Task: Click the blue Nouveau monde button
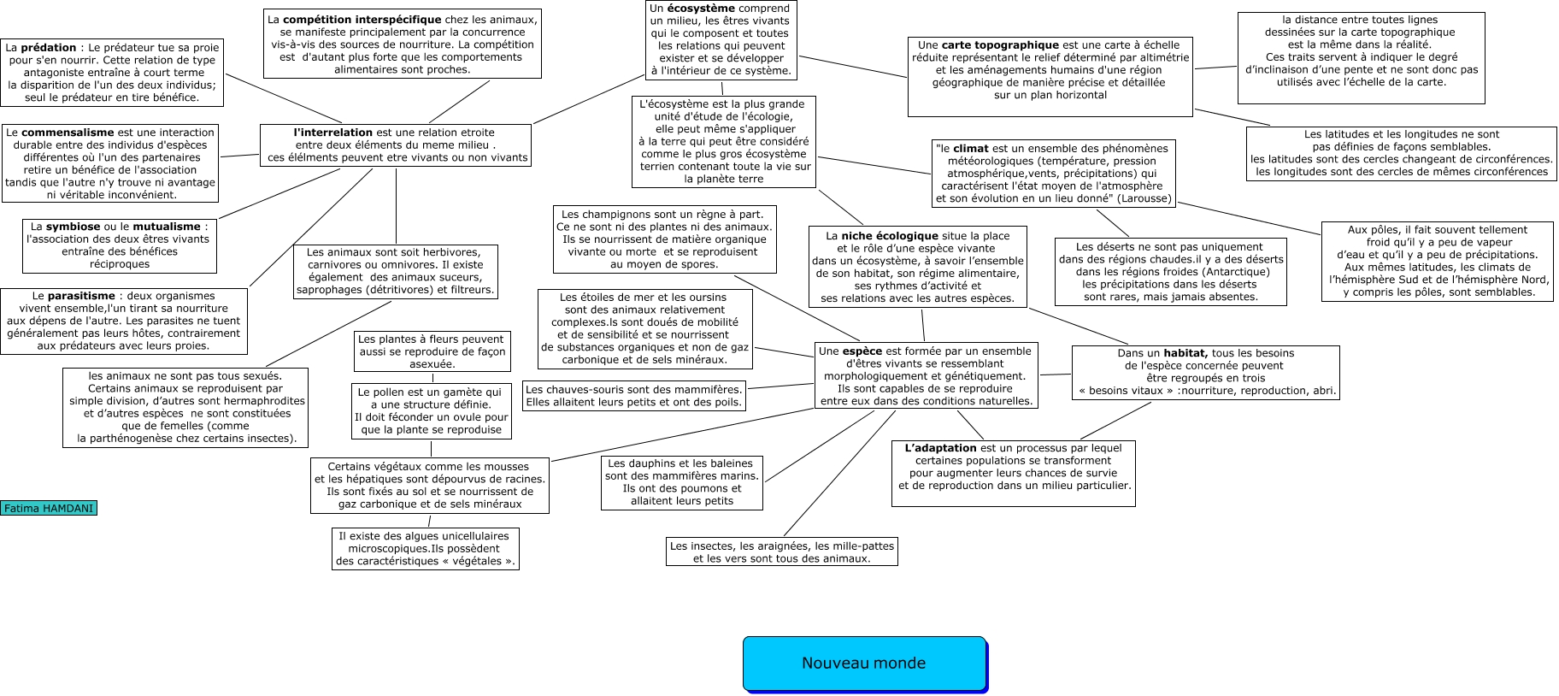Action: (x=864, y=664)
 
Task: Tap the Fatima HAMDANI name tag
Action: (x=49, y=508)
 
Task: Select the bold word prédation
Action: (x=49, y=48)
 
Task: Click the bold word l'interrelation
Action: (x=332, y=133)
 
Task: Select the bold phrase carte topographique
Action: (x=1000, y=45)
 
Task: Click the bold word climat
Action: (x=971, y=149)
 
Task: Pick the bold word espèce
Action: (x=862, y=351)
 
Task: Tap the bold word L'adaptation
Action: (x=940, y=448)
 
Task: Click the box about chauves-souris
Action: (x=634, y=396)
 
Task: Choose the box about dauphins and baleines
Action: (x=681, y=482)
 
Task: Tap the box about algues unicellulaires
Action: (x=425, y=549)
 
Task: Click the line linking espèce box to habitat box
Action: (x=1055, y=375)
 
